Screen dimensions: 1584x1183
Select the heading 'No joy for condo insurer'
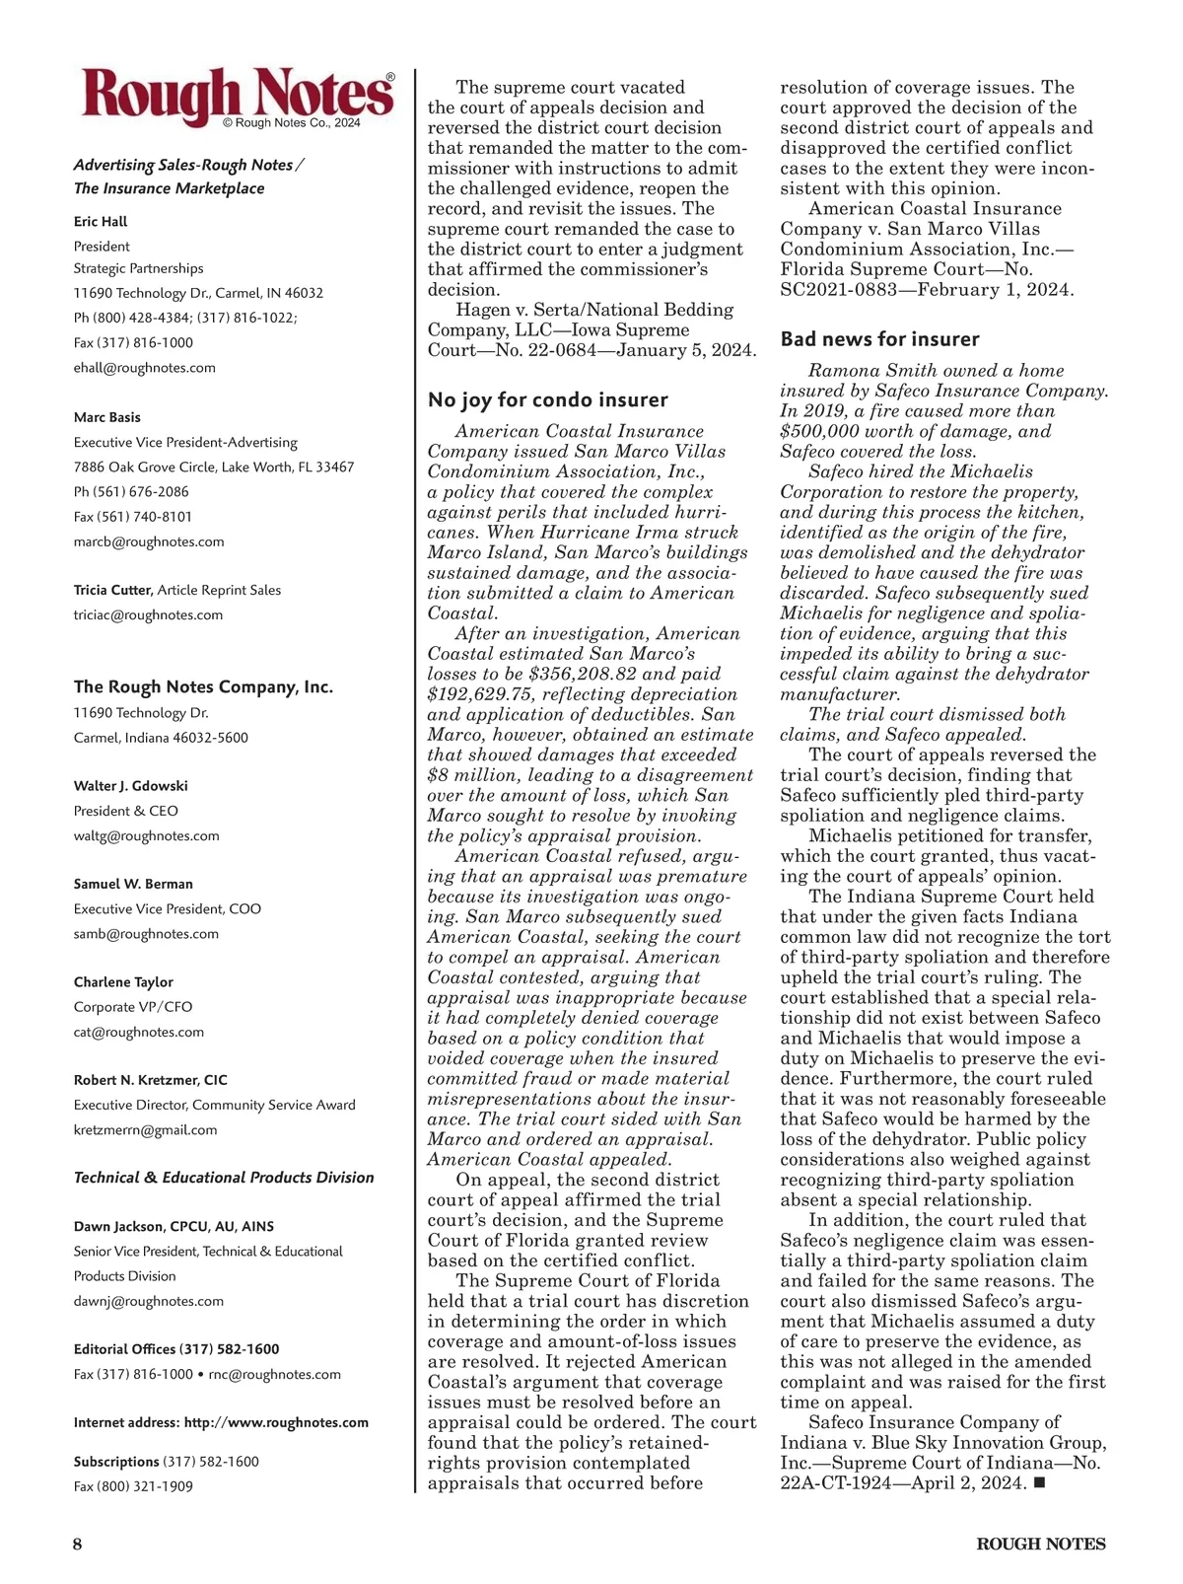547,399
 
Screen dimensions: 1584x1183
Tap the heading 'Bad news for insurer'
879,339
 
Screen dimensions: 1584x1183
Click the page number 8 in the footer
77,1544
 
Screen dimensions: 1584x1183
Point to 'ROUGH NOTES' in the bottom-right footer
1041,1544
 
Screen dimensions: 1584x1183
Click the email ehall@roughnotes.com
144,368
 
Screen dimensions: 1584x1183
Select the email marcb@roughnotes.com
149,541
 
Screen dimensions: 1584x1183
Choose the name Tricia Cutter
112,590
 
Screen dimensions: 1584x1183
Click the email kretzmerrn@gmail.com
145,1129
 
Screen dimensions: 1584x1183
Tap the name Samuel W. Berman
133,884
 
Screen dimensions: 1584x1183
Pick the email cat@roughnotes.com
138,1032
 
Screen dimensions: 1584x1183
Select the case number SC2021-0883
837,289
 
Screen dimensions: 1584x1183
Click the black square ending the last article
1038,1482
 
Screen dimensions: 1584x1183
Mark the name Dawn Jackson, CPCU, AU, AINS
174,1226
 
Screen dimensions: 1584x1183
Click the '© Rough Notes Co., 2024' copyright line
292,123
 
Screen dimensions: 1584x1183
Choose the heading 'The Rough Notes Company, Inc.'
203,686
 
